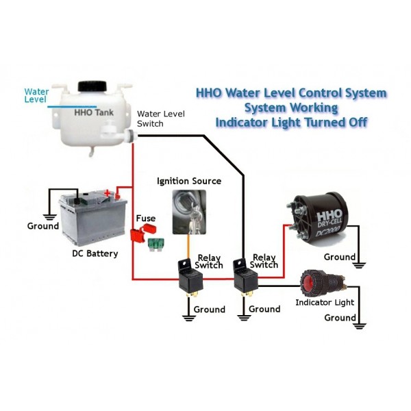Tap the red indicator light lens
coord(310,282)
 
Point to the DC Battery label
coord(95,253)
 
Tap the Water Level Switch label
coord(160,119)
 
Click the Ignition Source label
coord(189,181)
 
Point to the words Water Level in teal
coord(36,95)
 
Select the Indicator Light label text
coord(325,302)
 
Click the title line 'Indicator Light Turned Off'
coord(291,123)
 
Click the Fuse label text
coord(145,219)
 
